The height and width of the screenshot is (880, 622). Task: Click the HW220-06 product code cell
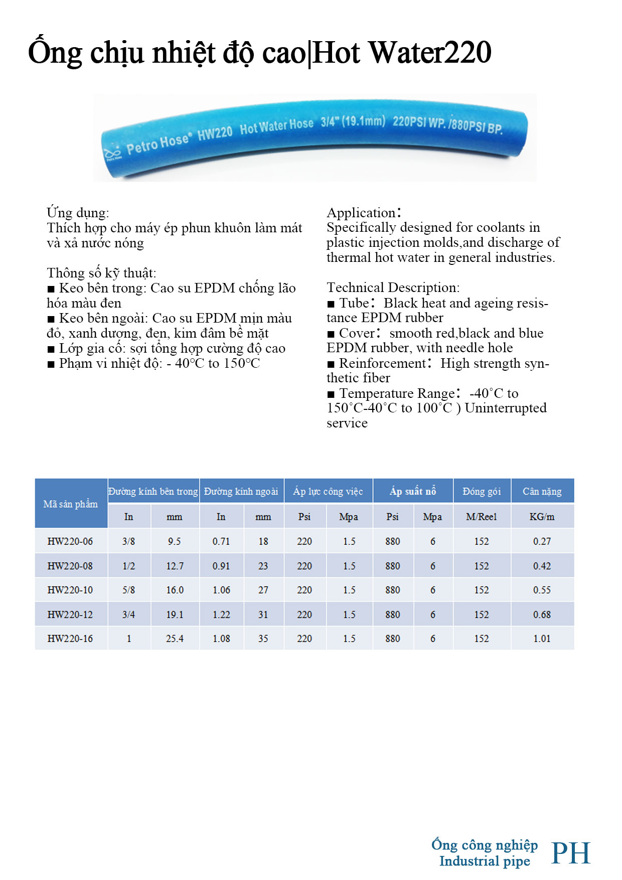pyautogui.click(x=70, y=541)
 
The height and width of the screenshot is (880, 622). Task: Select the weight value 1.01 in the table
pyautogui.click(x=542, y=639)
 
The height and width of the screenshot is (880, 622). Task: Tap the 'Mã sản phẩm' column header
pyautogui.click(x=70, y=504)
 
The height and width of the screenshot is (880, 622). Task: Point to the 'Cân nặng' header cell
pyautogui.click(x=542, y=491)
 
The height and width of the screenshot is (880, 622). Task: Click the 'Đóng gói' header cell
pyautogui.click(x=482, y=491)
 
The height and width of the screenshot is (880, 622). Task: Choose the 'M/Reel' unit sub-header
pyautogui.click(x=482, y=517)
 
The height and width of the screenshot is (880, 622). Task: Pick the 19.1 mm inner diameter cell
pyautogui.click(x=175, y=615)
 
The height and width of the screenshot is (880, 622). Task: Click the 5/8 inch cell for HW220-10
pyautogui.click(x=128, y=590)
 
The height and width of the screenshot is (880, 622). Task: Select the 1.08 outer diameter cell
pyautogui.click(x=221, y=639)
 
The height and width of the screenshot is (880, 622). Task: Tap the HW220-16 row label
pyautogui.click(x=70, y=639)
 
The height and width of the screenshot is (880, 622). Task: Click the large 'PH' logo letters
pyautogui.click(x=571, y=853)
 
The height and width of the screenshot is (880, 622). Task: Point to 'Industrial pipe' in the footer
pyautogui.click(x=485, y=861)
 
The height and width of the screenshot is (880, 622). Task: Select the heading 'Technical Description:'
pyautogui.click(x=393, y=287)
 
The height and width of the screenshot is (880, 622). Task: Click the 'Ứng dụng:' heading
pyautogui.click(x=78, y=213)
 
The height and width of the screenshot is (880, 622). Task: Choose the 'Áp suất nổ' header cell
pyautogui.click(x=413, y=491)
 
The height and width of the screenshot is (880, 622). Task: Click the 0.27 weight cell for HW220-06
pyautogui.click(x=542, y=541)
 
